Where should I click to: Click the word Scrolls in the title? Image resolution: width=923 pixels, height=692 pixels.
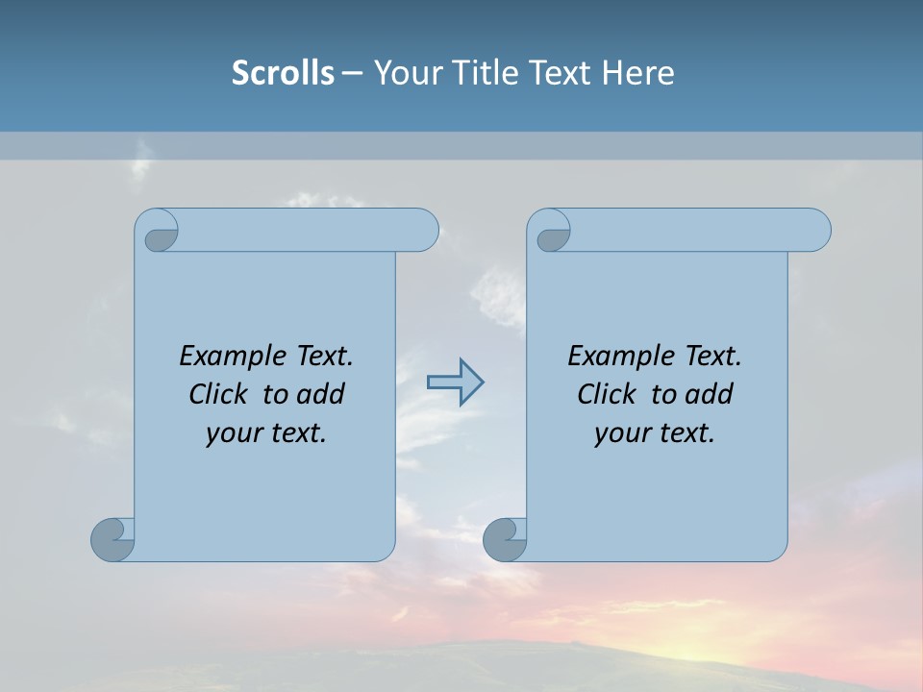tap(283, 73)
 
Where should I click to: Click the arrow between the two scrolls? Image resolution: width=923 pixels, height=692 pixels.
tap(455, 383)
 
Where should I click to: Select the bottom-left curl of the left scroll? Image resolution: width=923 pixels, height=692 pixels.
tap(113, 540)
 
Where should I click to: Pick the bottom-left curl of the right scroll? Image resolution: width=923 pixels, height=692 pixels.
tap(505, 540)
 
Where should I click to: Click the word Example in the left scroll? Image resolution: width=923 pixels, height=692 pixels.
tap(231, 356)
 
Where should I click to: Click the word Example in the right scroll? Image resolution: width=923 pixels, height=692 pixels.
tap(619, 356)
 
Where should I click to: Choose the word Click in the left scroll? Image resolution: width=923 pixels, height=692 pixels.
tap(217, 394)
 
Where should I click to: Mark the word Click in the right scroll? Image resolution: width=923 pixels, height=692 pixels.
tap(606, 394)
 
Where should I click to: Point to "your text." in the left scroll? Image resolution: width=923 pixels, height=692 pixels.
tap(266, 433)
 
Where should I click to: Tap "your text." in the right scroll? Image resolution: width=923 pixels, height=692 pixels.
tap(655, 433)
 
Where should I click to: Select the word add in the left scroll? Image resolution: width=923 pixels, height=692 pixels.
tap(320, 394)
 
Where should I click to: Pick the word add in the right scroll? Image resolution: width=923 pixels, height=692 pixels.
tap(709, 394)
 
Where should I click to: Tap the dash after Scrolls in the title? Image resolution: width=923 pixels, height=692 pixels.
tap(352, 73)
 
